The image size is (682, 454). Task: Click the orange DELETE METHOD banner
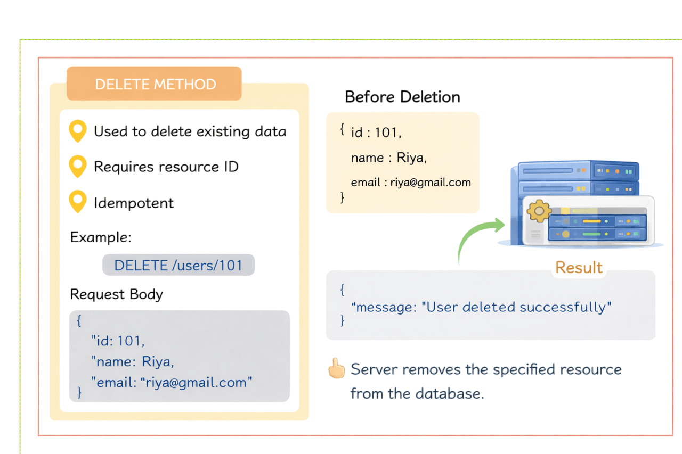(155, 84)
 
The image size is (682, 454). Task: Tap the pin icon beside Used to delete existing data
(78, 131)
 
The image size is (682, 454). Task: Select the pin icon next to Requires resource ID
(78, 167)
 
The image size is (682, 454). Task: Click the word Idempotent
(134, 203)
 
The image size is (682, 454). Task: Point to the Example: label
(101, 237)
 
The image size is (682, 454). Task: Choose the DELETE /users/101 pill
(178, 265)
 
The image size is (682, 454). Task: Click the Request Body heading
(116, 294)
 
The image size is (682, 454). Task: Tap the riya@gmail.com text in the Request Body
(197, 382)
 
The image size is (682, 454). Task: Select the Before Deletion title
(402, 97)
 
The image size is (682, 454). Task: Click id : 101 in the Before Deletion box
(375, 133)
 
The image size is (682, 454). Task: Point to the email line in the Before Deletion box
(411, 183)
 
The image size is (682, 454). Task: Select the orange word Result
(579, 267)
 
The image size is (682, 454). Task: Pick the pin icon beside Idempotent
(78, 202)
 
